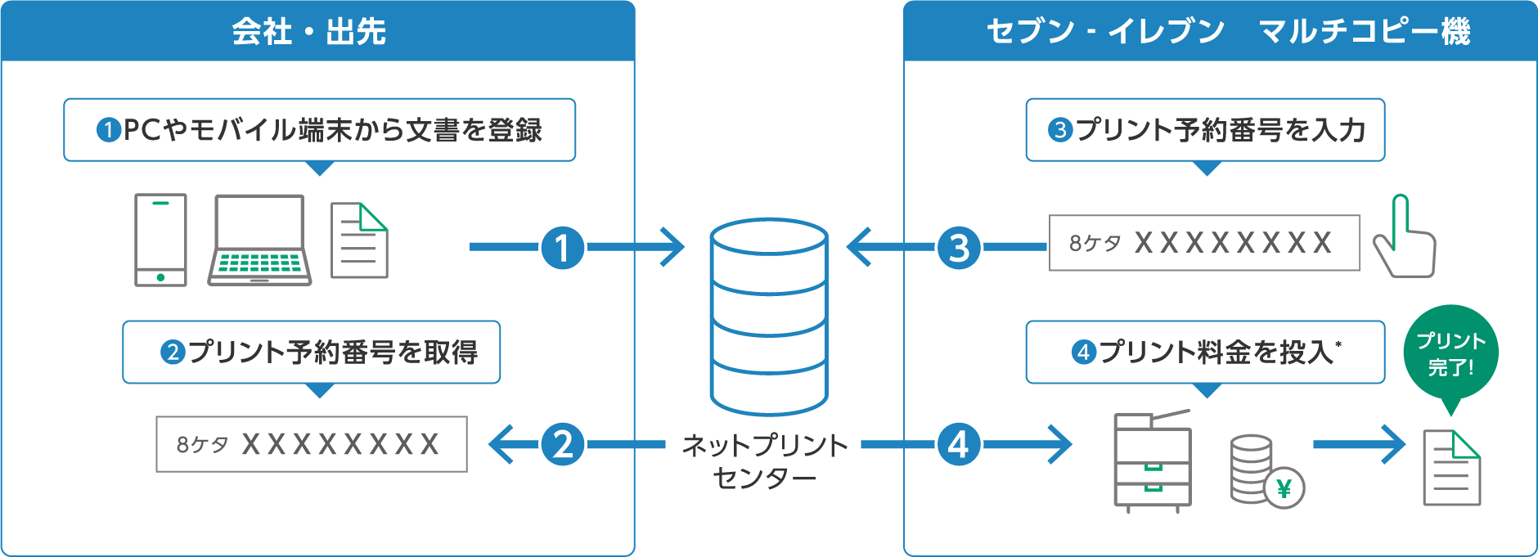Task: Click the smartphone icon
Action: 160,240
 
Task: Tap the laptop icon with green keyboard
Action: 259,240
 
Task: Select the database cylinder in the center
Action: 768,317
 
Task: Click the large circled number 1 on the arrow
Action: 563,247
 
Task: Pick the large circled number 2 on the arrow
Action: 563,445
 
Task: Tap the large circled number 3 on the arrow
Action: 959,247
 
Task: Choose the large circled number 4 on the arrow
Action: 959,445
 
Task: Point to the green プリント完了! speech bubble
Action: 1450,353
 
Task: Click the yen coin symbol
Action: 1284,488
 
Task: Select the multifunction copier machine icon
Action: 1152,461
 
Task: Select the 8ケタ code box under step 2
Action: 312,444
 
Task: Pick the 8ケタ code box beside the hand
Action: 1204,243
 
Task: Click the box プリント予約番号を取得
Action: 311,353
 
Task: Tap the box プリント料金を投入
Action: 1205,353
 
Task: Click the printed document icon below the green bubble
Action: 1451,468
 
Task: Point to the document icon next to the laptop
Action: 359,241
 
